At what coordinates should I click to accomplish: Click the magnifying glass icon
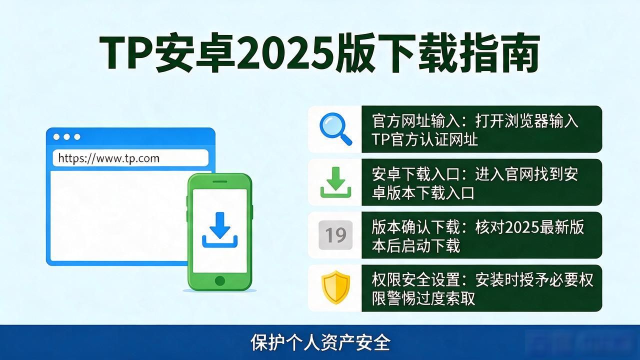(335, 129)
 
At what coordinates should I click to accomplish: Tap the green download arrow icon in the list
(335, 182)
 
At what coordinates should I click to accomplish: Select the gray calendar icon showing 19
(335, 235)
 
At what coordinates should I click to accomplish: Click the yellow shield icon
(335, 287)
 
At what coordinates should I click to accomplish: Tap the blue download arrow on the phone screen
(219, 229)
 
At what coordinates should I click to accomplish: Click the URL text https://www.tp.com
(108, 158)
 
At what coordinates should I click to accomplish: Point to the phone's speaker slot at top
(220, 181)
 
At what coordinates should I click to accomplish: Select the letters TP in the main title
(126, 53)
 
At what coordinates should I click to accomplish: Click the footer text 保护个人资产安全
(320, 342)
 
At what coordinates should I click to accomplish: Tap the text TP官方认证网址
(424, 139)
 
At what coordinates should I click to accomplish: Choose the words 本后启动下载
(416, 245)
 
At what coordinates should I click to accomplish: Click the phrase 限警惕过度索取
(423, 298)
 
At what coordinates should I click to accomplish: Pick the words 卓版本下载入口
(423, 193)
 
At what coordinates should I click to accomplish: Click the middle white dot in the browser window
(67, 137)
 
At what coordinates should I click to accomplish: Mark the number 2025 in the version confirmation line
(521, 227)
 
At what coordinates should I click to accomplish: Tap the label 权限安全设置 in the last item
(415, 279)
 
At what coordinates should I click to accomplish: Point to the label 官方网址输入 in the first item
(415, 121)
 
